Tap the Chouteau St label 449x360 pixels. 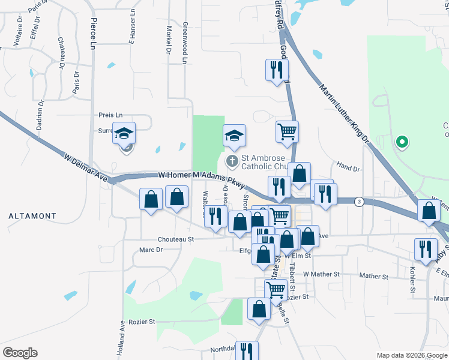pyautogui.click(x=176, y=239)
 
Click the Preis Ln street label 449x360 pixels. pyautogui.click(x=110, y=115)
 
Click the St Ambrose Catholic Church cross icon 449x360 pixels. pyautogui.click(x=232, y=161)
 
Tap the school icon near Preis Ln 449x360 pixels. pyautogui.click(x=124, y=133)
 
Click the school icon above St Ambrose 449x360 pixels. pyautogui.click(x=235, y=136)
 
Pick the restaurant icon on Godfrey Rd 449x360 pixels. pyautogui.click(x=277, y=68)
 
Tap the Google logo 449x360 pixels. pyautogui.click(x=20, y=353)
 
